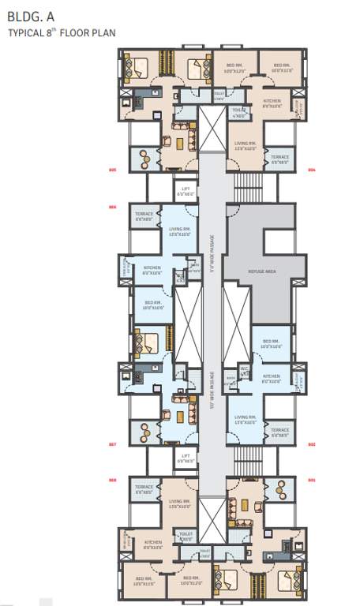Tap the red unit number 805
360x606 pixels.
tap(112, 170)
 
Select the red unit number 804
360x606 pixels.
tap(311, 170)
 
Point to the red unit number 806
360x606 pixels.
tap(112, 208)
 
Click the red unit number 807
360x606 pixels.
tap(112, 444)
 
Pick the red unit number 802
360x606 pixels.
tap(311, 444)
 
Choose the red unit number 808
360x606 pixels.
tap(112, 479)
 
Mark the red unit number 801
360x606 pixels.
tap(311, 479)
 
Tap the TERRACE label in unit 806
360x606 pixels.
tap(144, 216)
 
